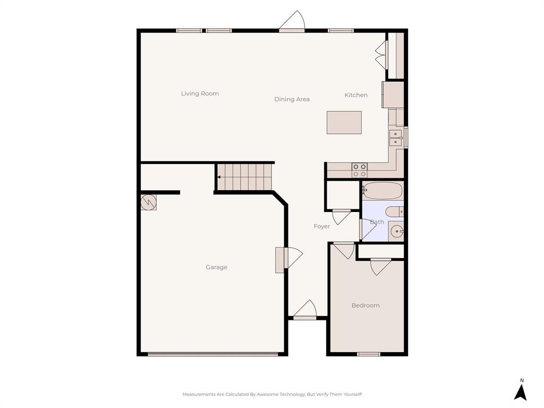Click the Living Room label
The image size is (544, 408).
click(x=200, y=93)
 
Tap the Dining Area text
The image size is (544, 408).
click(x=292, y=99)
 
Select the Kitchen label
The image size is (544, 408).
click(x=356, y=95)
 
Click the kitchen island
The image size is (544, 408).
click(x=344, y=122)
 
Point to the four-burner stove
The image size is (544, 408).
click(x=359, y=170)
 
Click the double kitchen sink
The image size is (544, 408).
click(x=396, y=138)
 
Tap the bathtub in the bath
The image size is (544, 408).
click(x=382, y=191)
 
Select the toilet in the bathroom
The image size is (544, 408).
click(x=394, y=211)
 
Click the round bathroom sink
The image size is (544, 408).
click(x=396, y=232)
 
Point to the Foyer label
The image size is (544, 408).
click(x=321, y=226)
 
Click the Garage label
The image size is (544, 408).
click(x=216, y=267)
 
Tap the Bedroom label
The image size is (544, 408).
click(x=365, y=305)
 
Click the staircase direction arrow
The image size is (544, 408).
click(x=219, y=177)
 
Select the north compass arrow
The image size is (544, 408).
click(x=521, y=392)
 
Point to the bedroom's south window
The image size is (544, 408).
click(x=368, y=354)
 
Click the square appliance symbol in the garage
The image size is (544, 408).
click(x=149, y=202)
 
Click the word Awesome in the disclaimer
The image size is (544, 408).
click(x=268, y=394)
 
